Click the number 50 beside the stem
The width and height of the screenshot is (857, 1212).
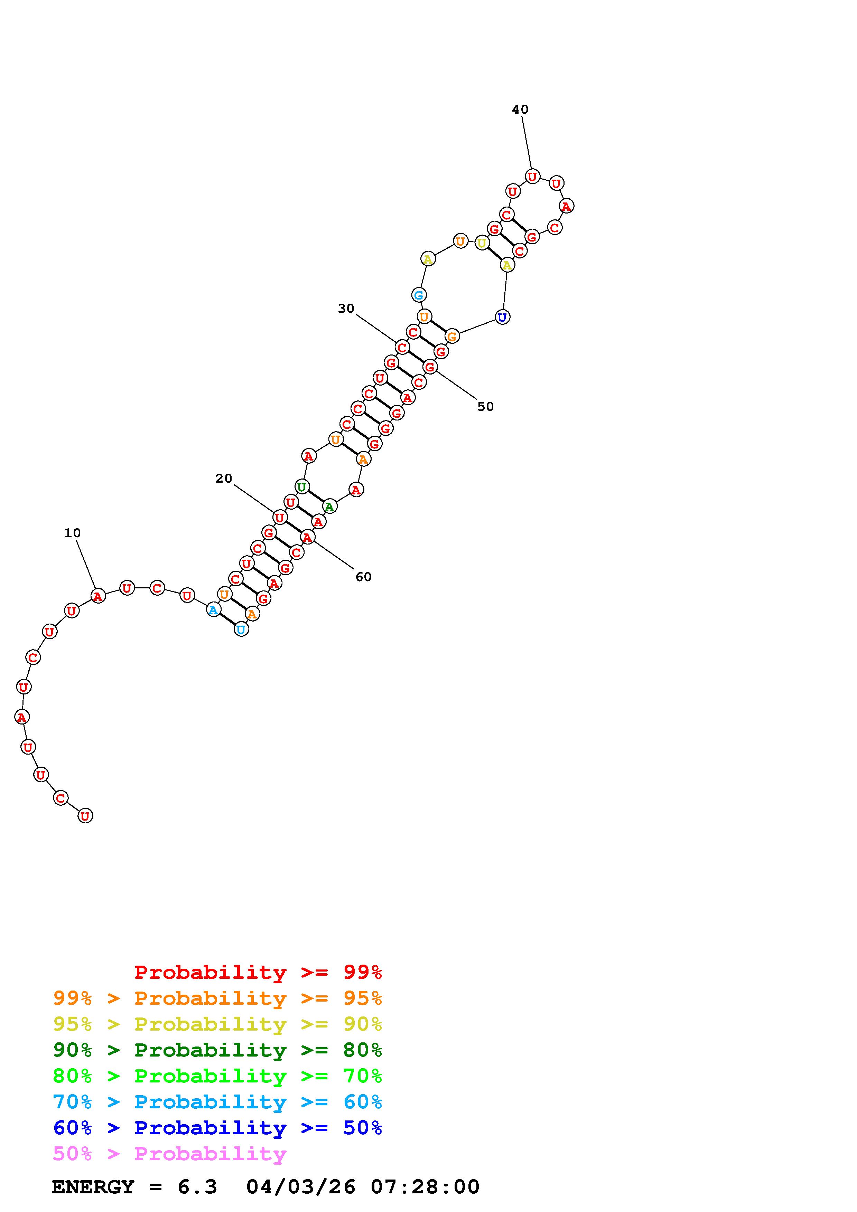click(x=485, y=406)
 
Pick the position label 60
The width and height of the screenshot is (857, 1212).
click(x=363, y=577)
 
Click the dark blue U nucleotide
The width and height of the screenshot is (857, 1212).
click(x=502, y=317)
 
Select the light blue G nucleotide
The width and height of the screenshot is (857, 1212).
click(x=419, y=295)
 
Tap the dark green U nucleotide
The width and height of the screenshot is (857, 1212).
click(x=301, y=487)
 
